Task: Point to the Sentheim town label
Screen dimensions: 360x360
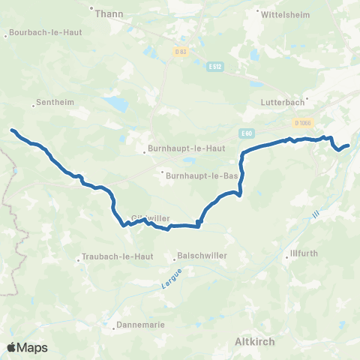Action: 49,104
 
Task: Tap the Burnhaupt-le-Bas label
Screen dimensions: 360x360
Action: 202,175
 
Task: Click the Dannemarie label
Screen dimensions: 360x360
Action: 139,325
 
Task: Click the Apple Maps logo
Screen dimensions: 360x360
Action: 27,347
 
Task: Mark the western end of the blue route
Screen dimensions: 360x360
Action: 13,130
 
